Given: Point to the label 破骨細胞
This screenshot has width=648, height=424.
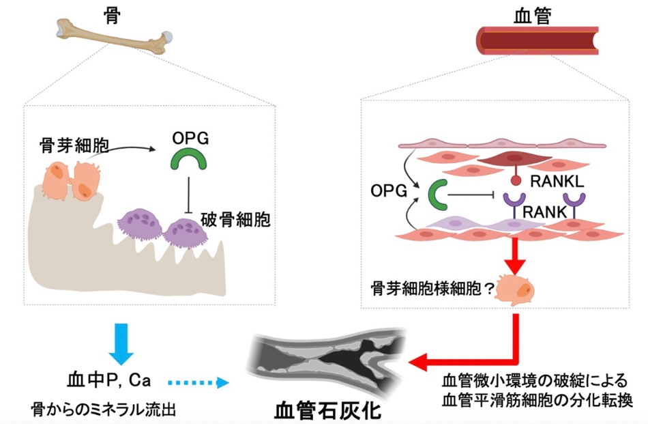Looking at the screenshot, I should (236, 221).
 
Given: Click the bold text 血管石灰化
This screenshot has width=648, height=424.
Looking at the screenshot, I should (327, 410).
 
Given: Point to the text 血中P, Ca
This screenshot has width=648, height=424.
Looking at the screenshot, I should (108, 379).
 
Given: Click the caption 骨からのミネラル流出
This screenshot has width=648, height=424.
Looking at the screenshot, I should (103, 410).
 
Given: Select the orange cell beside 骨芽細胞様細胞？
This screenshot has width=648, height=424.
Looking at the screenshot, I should (516, 287).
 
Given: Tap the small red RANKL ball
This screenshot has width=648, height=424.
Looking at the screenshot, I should (517, 182).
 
